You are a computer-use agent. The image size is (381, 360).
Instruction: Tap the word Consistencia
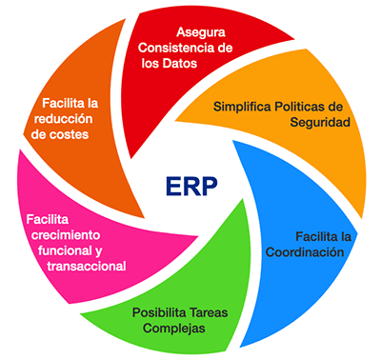[x=170, y=48]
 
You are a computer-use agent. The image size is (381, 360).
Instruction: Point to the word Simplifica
[x=243, y=107]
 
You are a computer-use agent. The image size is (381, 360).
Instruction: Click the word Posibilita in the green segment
[x=158, y=311]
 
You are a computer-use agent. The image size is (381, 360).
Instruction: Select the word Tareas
[x=211, y=311]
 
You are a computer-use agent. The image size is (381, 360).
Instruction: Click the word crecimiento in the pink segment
[x=65, y=233]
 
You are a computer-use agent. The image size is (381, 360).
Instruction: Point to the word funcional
[x=60, y=250]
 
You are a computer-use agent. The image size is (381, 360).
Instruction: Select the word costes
[x=93, y=134]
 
